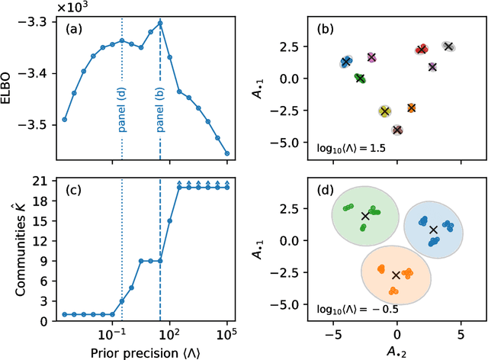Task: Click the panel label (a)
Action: (74, 31)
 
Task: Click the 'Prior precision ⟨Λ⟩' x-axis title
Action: (145, 352)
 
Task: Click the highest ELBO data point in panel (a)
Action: (160, 23)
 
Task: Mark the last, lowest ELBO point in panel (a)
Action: (227, 153)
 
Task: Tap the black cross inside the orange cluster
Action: (395, 275)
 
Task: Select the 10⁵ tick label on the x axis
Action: (226, 334)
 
